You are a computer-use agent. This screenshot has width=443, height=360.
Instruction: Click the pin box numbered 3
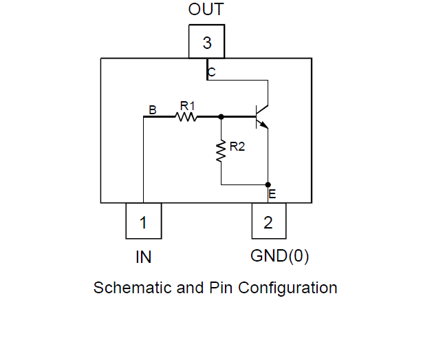click(206, 43)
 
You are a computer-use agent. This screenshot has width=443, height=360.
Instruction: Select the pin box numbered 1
click(143, 222)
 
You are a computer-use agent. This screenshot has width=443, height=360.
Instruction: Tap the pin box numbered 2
click(268, 222)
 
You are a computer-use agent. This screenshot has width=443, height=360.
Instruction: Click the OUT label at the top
click(206, 10)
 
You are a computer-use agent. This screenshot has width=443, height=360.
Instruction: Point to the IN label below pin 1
click(143, 257)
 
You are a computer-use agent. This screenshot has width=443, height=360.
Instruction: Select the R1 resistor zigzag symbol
click(186, 117)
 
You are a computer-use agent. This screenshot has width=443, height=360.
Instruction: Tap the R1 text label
click(187, 105)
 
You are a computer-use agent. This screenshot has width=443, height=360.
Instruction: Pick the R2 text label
click(237, 146)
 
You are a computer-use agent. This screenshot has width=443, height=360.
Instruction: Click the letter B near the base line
click(153, 109)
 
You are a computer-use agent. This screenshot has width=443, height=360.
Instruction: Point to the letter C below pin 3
click(211, 72)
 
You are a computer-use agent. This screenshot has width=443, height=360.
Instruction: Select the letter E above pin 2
click(272, 194)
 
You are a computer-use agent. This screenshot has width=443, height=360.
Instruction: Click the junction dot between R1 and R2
click(221, 117)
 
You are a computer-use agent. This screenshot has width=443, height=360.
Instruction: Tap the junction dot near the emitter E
click(268, 184)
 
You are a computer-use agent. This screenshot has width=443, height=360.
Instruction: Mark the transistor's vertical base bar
click(256, 116)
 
